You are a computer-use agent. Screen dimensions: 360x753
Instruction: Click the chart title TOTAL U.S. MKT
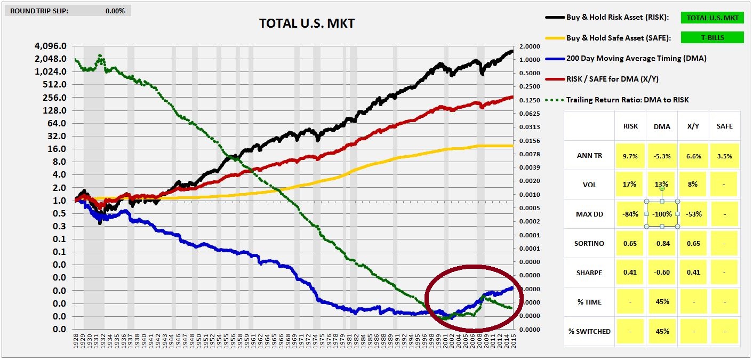point(307,23)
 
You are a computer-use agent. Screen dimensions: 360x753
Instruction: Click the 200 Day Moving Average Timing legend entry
point(636,58)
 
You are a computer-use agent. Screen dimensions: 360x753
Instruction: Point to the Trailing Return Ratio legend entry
point(627,100)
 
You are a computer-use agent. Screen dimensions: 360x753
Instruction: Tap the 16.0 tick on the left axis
point(57,149)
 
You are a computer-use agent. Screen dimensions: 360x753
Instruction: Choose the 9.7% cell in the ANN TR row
point(630,156)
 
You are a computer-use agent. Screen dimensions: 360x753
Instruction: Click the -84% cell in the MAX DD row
point(630,214)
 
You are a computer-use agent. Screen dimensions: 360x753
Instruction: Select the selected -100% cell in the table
point(662,214)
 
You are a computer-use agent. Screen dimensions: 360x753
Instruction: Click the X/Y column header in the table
point(693,126)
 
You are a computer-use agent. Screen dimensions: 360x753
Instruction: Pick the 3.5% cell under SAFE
point(724,156)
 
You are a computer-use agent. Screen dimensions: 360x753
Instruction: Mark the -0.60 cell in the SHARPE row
point(662,273)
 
